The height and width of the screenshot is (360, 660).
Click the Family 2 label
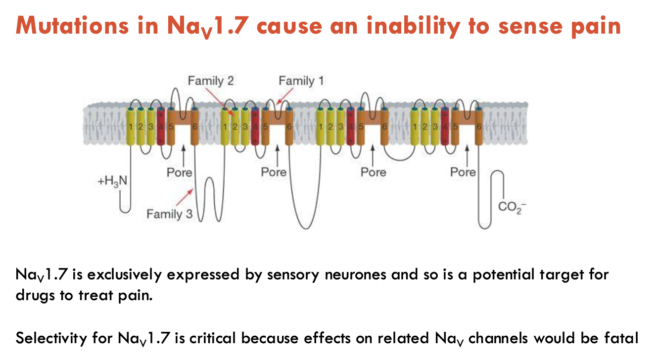(210, 81)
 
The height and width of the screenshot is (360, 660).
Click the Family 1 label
(301, 80)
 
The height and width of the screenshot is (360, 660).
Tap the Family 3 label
(169, 214)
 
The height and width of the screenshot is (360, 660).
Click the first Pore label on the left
(179, 173)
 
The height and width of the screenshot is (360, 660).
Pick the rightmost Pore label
(463, 172)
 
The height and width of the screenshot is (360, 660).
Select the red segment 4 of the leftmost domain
(161, 127)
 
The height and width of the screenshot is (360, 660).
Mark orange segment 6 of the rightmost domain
(478, 127)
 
